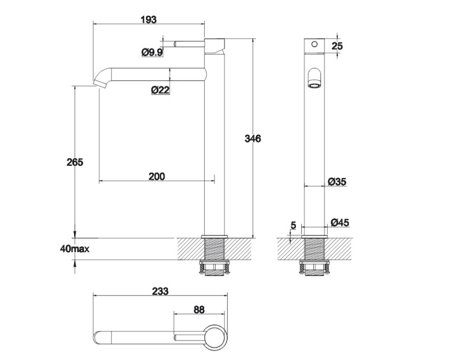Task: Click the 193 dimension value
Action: click(x=149, y=20)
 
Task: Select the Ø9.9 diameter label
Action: click(x=152, y=52)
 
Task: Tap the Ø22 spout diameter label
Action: click(x=161, y=90)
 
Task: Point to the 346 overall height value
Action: click(x=253, y=139)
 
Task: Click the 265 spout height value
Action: click(x=75, y=162)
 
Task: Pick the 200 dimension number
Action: click(x=157, y=176)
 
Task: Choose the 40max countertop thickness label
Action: click(x=75, y=249)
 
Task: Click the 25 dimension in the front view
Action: click(x=337, y=46)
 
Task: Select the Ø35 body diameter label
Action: click(x=337, y=181)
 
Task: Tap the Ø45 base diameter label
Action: click(x=340, y=222)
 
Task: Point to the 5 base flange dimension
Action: click(x=293, y=225)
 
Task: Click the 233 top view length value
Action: click(x=160, y=291)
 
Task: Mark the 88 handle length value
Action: click(x=199, y=310)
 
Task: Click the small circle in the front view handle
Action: click(x=314, y=44)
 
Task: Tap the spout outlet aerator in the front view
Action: click(x=314, y=85)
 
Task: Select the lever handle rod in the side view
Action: click(x=189, y=44)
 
